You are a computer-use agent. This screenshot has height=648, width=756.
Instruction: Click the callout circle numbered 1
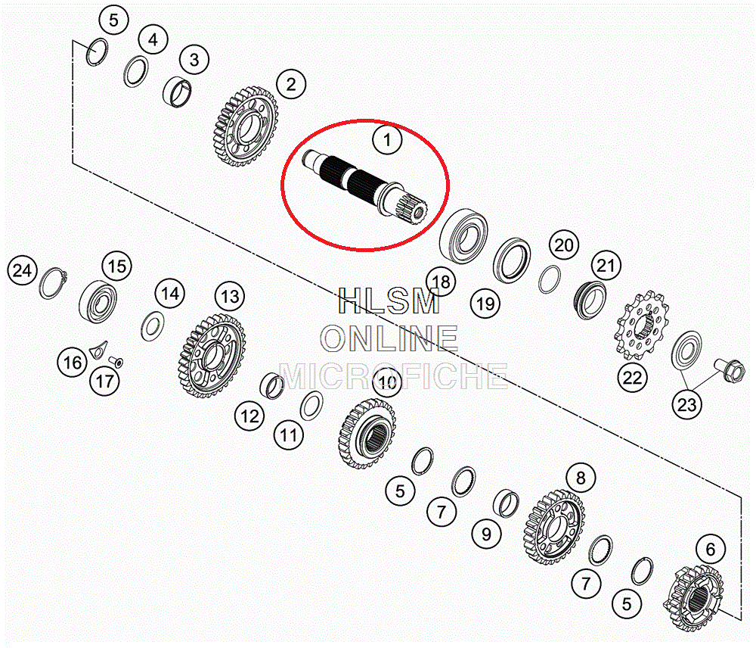(x=386, y=139)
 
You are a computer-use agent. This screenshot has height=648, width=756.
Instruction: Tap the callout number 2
(x=291, y=84)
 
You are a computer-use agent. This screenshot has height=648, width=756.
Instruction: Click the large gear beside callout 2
(x=246, y=126)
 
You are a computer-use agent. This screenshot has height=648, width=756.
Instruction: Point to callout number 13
(x=230, y=296)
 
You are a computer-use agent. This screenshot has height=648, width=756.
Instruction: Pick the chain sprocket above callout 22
(x=642, y=326)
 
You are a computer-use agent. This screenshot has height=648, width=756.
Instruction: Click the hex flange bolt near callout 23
(x=729, y=370)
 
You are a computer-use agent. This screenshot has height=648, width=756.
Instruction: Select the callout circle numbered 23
(x=687, y=405)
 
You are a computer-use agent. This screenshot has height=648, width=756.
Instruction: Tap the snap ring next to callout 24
(x=52, y=283)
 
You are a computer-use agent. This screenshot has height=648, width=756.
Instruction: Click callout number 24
(x=22, y=270)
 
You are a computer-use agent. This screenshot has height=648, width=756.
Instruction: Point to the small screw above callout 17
(x=116, y=361)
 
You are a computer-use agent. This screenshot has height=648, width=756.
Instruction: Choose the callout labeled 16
(x=73, y=362)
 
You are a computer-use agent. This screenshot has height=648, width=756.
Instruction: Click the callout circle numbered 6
(x=710, y=549)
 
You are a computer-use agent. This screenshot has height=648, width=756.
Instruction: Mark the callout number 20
(x=564, y=245)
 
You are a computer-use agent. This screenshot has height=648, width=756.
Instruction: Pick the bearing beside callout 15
(x=98, y=302)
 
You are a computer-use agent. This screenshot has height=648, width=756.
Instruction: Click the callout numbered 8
(x=581, y=478)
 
